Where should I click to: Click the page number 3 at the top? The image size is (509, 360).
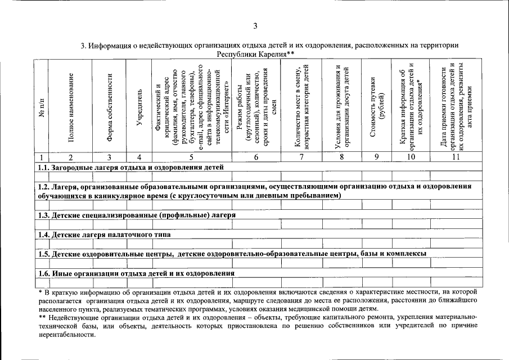tap(255, 26)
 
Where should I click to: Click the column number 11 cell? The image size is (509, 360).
tap(456, 157)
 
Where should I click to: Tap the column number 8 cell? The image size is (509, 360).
tap(342, 157)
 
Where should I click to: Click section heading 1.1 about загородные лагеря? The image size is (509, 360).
tap(130, 167)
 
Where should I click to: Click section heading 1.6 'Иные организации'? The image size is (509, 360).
tap(136, 273)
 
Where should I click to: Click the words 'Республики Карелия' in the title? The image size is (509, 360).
tap(250, 54)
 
